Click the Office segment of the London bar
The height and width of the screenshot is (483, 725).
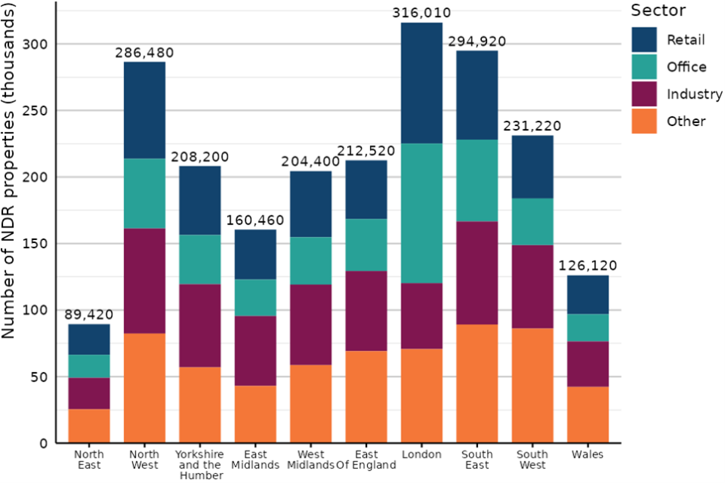point(421,214)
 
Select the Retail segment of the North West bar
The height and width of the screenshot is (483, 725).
point(144,110)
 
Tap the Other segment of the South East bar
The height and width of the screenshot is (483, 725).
point(477,383)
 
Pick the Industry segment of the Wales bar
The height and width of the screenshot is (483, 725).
point(588,364)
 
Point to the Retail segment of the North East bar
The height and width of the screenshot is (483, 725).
point(89,340)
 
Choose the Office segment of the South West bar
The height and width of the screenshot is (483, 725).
point(532,222)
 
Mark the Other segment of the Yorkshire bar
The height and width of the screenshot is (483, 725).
point(200,405)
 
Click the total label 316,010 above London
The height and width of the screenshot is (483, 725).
point(421,13)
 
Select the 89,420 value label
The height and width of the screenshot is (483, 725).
point(89,315)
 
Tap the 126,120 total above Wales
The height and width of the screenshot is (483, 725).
point(588,266)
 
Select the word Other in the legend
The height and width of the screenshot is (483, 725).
point(686,122)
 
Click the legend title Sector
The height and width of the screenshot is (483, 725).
point(658,11)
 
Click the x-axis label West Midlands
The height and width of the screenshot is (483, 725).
point(310,460)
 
